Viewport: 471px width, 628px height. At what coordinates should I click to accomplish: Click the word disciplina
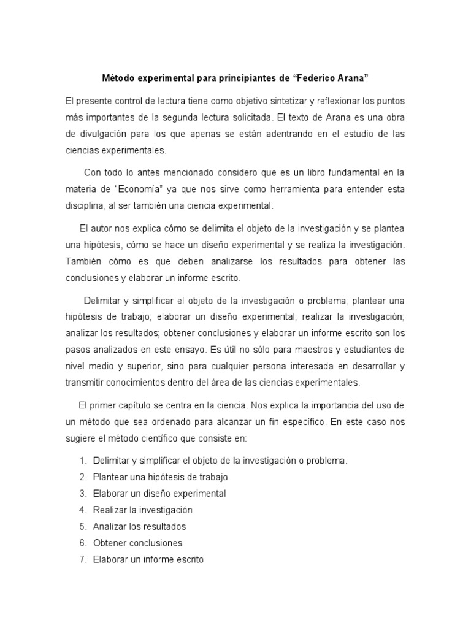click(86, 205)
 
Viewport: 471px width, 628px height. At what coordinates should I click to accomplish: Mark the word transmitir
click(87, 383)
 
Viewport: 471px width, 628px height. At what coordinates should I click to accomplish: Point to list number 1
click(83, 461)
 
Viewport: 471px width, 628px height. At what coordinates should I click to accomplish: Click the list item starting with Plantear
click(160, 477)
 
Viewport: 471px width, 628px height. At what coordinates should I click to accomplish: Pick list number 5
click(83, 526)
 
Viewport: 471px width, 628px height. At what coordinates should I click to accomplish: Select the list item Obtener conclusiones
click(137, 543)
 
